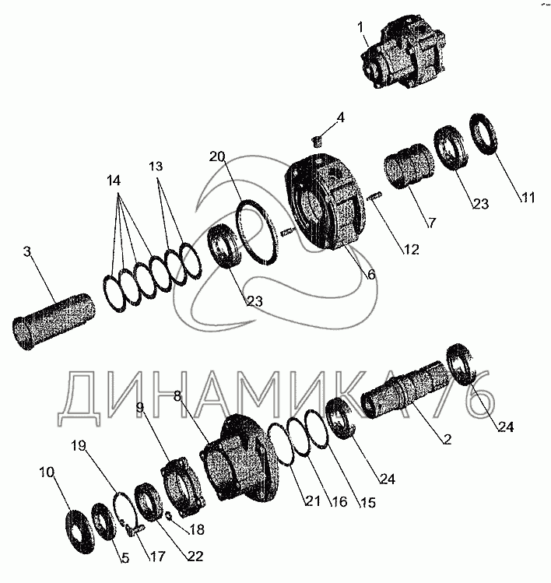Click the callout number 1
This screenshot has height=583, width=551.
tap(360, 27)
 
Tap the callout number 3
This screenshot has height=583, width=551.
tap(26, 251)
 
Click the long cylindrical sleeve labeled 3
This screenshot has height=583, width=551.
tap(53, 321)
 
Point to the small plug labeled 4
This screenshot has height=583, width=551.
tap(318, 142)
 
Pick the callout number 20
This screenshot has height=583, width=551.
tap(217, 156)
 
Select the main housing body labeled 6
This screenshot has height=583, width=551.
tap(325, 202)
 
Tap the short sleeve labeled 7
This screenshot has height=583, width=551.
tap(409, 167)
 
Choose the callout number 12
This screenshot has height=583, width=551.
tap(411, 250)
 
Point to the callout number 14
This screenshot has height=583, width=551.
tap(114, 181)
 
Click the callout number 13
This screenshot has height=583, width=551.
tap(156, 166)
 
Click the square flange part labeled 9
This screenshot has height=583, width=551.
tap(182, 488)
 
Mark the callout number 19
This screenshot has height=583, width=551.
tap(79, 445)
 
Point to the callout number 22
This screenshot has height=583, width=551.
tap(195, 557)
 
